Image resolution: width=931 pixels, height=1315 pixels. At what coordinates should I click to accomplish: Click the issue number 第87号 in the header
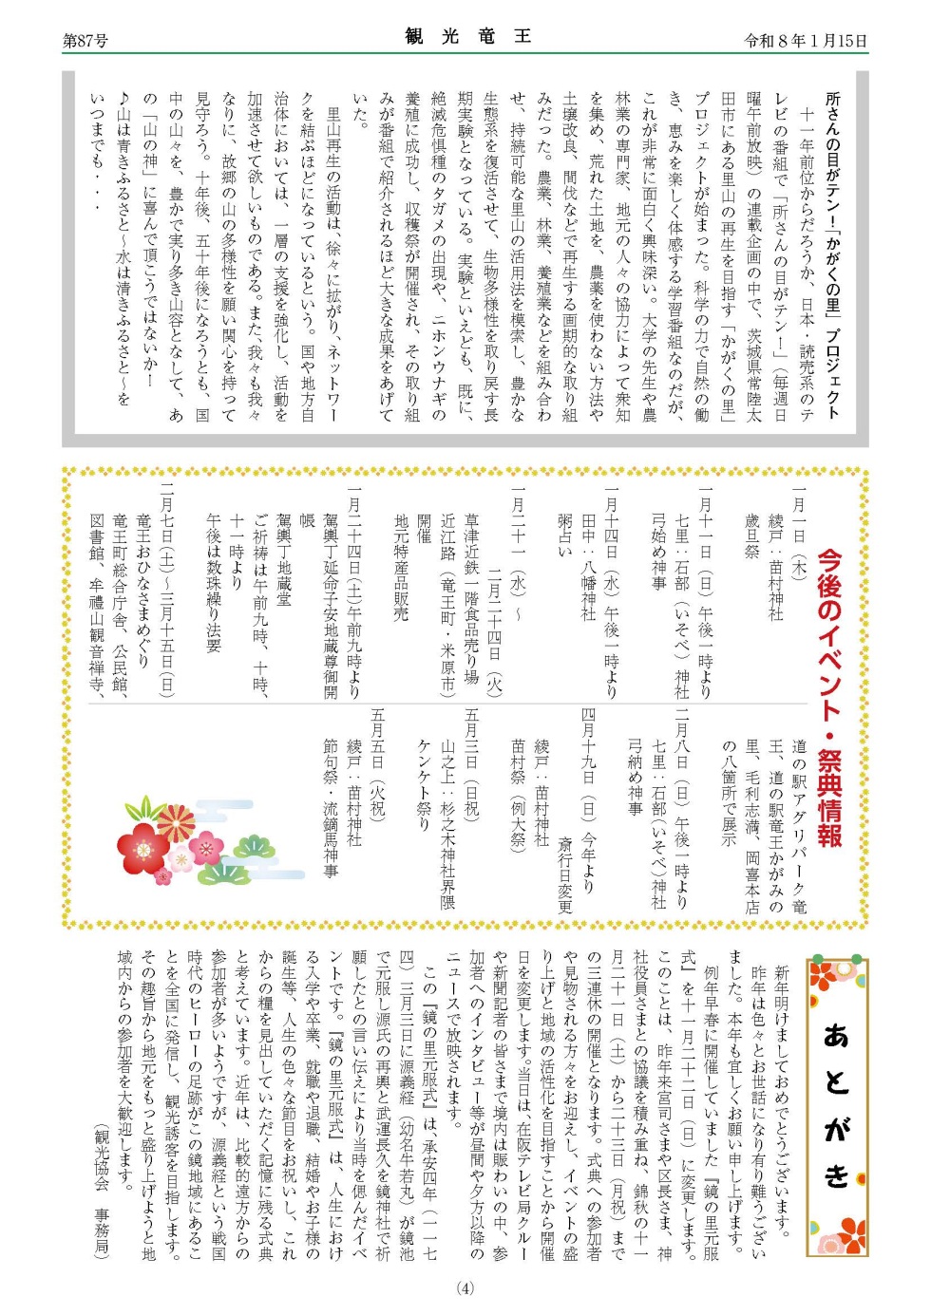(85, 41)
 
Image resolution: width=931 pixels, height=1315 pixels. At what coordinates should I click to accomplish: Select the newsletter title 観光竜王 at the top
(467, 37)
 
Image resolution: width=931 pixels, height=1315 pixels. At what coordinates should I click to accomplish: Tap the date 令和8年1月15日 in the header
(805, 41)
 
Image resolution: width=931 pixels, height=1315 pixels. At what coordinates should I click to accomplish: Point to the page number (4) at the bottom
(465, 1288)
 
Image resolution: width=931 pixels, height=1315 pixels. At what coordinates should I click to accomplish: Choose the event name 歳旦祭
(751, 535)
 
